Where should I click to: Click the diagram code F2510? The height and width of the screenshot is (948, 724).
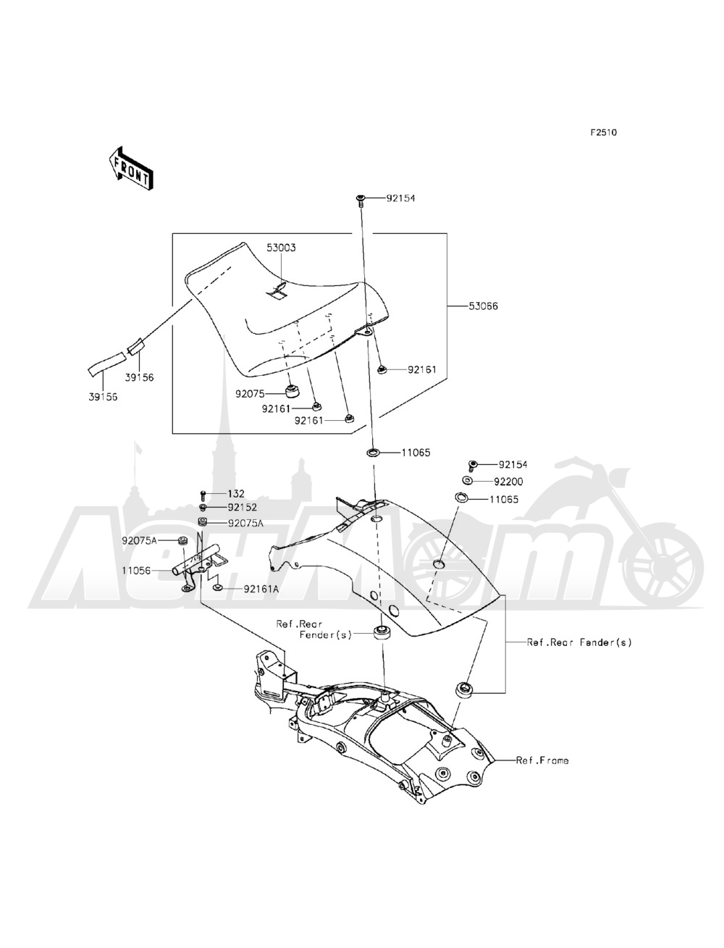[x=603, y=133]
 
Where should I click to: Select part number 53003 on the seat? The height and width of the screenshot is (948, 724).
[x=281, y=248]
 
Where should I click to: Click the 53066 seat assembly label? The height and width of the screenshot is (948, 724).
[x=483, y=306]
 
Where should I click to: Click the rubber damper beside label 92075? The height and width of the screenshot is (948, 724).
[x=293, y=392]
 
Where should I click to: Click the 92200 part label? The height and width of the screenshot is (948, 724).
[x=509, y=481]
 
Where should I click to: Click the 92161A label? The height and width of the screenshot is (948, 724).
[x=261, y=590]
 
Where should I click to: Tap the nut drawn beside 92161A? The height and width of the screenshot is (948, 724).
[x=218, y=590]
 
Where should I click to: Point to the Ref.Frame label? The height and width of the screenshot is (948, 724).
[x=542, y=760]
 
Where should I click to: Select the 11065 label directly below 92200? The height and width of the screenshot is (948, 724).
[x=504, y=499]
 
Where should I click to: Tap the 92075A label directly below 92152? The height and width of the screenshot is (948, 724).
[x=245, y=522]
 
